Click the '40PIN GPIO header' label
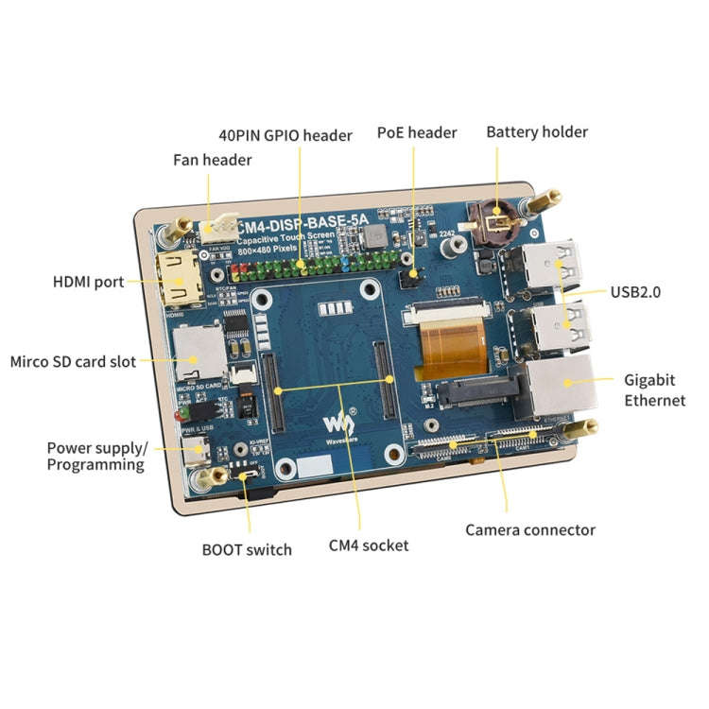(x=285, y=135)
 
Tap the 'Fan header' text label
(x=212, y=160)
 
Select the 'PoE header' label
(x=417, y=132)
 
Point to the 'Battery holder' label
(x=537, y=131)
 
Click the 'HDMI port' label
(x=88, y=282)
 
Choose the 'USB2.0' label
(x=636, y=292)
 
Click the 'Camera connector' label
(x=530, y=529)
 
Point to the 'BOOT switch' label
(x=247, y=549)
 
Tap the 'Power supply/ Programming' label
(x=95, y=456)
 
